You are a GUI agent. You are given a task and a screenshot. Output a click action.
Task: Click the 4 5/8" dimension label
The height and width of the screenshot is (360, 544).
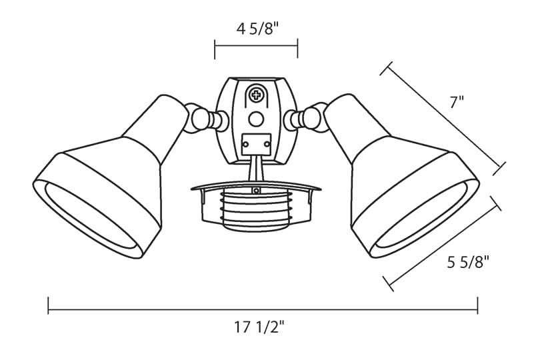point(257,29)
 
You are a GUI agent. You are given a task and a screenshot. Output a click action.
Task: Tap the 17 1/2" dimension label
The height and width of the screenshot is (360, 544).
point(259,327)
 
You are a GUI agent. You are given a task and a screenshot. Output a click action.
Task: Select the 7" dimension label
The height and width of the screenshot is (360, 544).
point(457,102)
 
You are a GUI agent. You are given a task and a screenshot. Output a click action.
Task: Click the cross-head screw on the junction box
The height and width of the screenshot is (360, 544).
point(257,95)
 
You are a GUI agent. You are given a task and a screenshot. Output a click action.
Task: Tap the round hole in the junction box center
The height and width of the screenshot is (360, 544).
point(256,119)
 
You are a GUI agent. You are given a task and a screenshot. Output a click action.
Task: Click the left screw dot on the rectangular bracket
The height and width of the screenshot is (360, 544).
point(246,143)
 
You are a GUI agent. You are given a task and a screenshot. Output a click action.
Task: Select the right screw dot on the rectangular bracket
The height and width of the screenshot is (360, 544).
point(267,143)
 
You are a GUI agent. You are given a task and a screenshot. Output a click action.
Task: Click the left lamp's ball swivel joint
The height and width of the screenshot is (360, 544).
point(199,118)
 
